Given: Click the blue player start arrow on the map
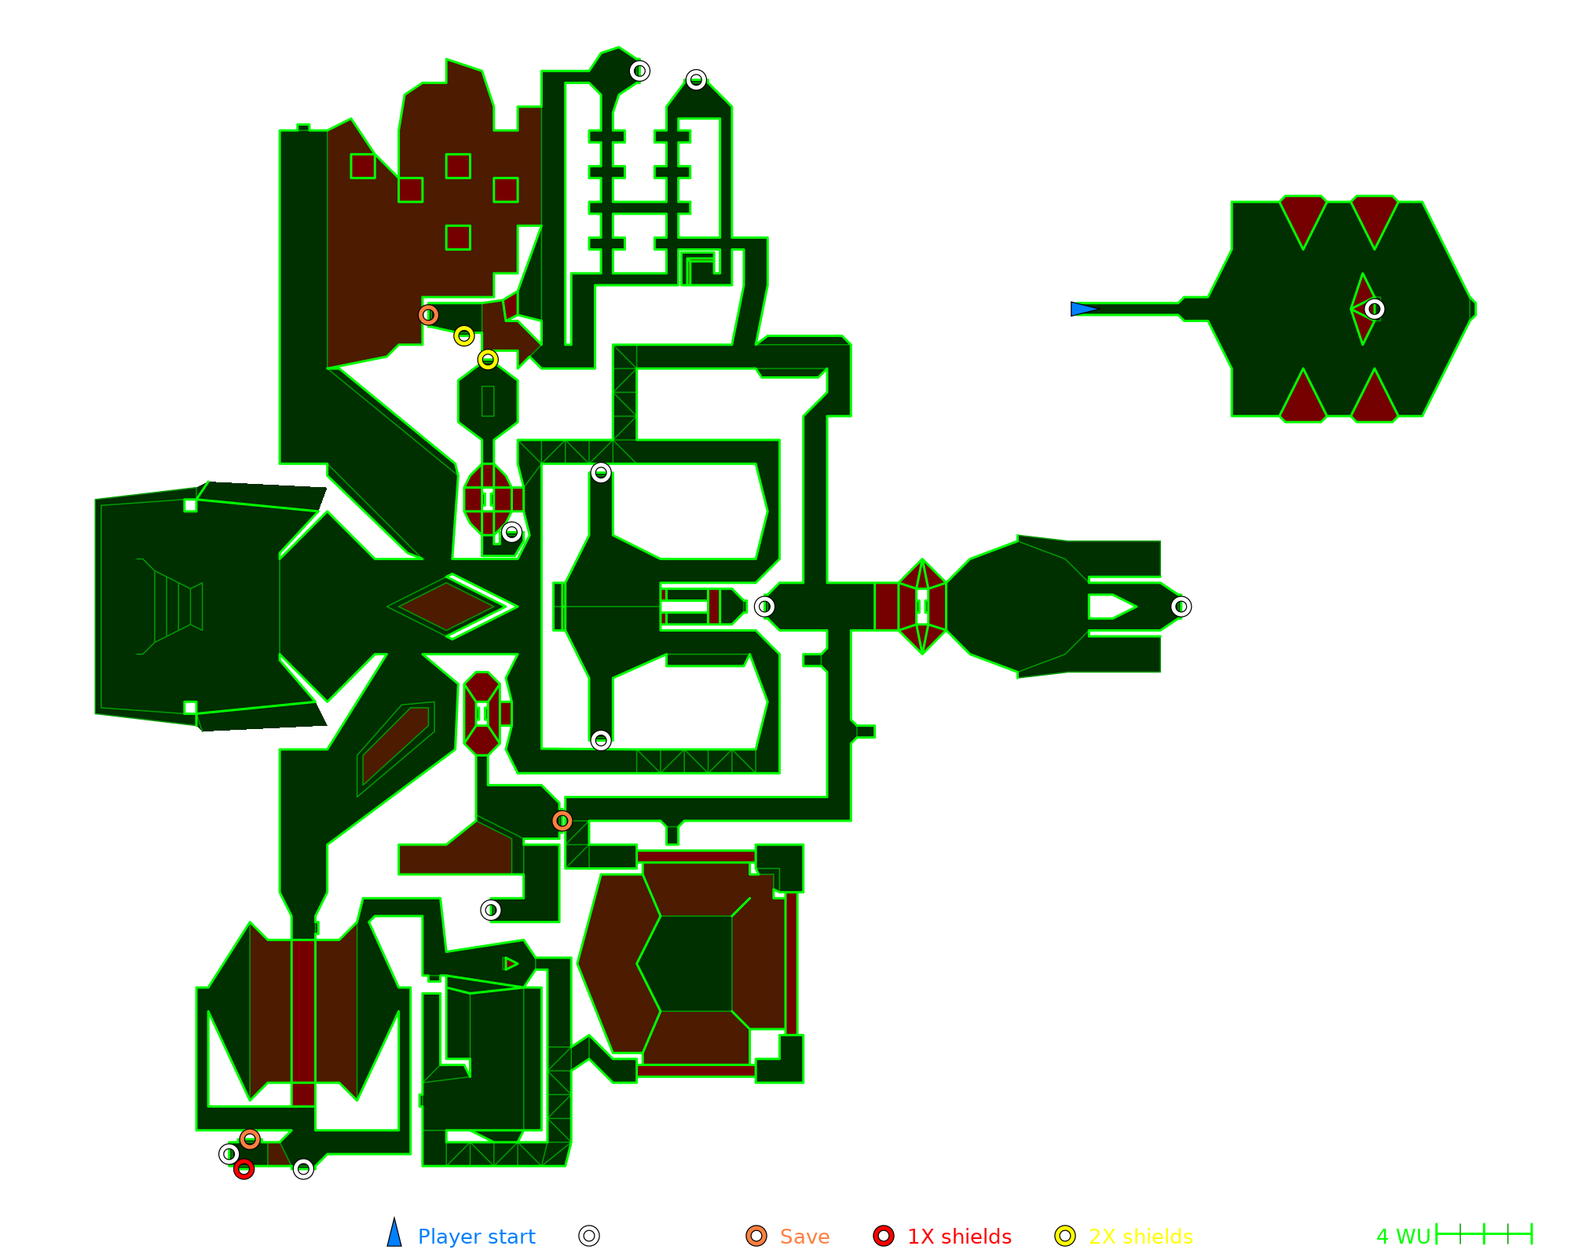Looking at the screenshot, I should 1082,309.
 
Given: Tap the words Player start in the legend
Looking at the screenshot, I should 476,1237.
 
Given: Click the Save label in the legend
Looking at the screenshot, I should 804,1237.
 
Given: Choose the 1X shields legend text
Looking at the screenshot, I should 959,1237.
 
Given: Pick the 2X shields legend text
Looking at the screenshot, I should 1141,1237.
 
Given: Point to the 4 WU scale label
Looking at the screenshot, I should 1403,1237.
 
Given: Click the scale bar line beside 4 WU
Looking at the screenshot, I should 1484,1234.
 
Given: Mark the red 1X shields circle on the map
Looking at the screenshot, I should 244,1169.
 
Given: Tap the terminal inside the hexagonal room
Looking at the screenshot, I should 1374,309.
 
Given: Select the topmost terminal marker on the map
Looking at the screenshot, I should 639,71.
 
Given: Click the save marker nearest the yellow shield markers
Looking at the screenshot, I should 428,315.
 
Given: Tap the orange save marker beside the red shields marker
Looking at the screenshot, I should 250,1139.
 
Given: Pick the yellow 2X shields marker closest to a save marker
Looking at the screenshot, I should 464,336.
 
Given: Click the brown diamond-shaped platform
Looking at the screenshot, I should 447,607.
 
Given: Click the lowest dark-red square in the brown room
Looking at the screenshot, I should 458,237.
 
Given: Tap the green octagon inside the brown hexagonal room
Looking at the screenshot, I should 685,963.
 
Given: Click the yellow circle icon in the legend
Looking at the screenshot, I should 1065,1236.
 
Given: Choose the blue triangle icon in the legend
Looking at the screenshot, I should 394,1235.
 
